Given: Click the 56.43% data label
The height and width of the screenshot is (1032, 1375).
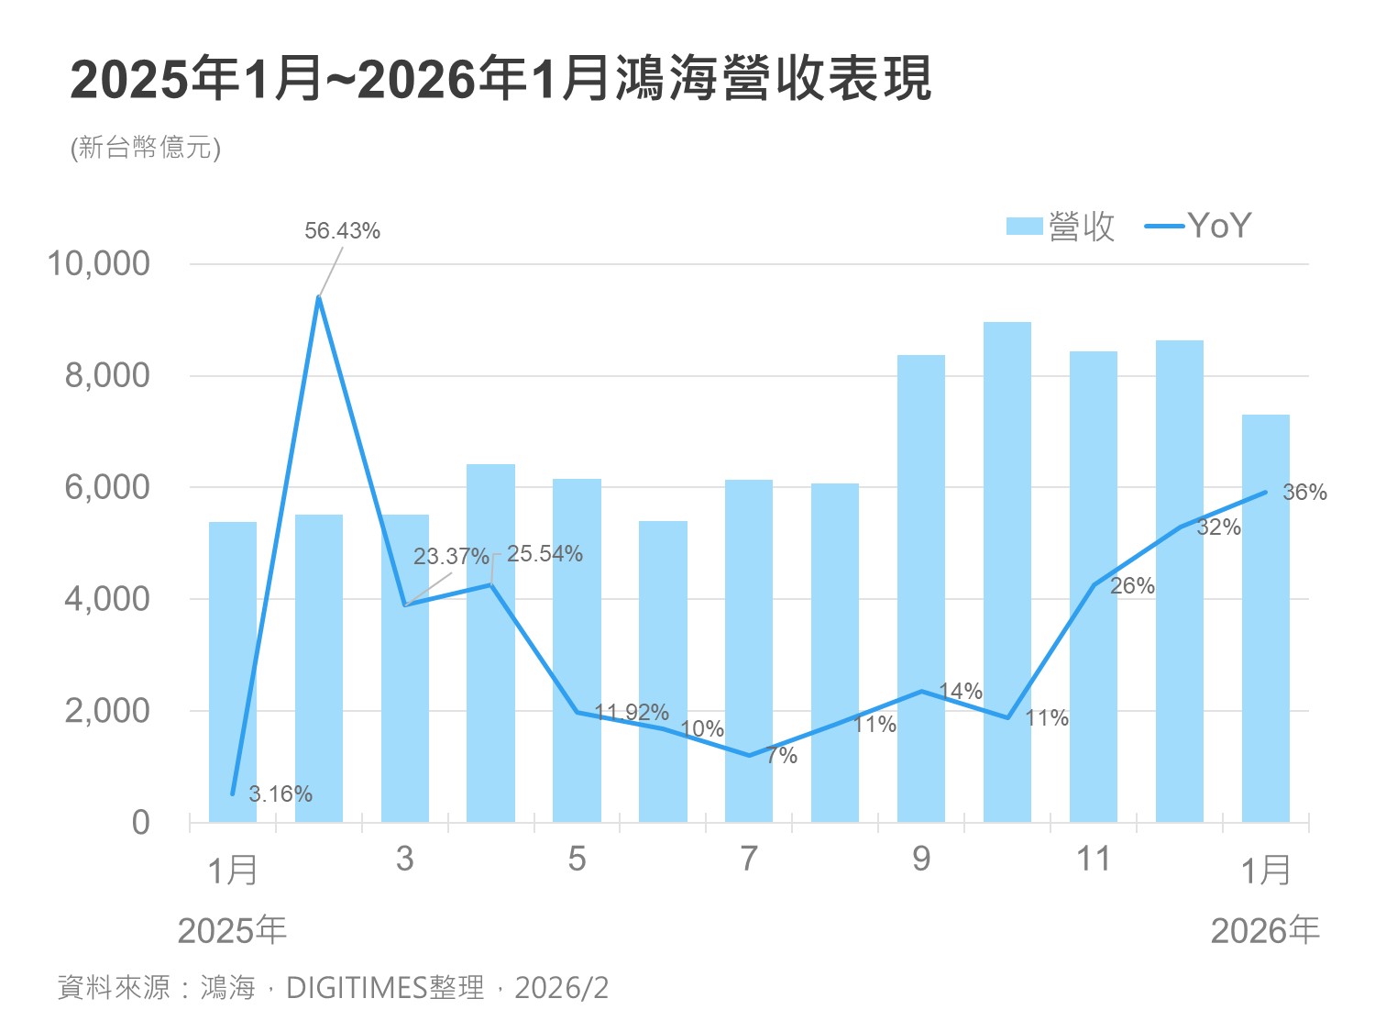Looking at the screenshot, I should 342,231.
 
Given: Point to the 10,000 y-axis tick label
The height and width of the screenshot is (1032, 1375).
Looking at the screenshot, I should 98,263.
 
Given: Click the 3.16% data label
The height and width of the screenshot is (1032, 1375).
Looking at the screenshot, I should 280,794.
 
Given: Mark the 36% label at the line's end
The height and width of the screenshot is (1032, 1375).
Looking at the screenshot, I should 1304,493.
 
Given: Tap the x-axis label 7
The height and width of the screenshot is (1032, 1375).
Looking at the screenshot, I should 749,859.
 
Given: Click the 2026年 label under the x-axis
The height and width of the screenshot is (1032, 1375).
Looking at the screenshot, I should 1264,931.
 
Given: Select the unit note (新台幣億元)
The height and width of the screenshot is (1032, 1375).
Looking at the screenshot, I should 146,148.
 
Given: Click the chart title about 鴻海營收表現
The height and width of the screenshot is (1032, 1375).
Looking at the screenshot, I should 500,80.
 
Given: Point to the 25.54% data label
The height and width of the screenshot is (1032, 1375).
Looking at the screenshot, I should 544,554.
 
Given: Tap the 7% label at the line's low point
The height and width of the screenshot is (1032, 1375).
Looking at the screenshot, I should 782,757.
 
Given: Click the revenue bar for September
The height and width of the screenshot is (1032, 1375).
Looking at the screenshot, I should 920,587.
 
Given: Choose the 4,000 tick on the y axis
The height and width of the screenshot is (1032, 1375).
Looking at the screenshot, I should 106,599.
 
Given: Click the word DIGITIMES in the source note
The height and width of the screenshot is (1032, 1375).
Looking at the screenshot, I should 357,988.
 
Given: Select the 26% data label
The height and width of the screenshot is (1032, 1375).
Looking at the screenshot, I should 1132,586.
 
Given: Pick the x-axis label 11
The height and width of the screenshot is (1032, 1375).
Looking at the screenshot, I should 1093,859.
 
